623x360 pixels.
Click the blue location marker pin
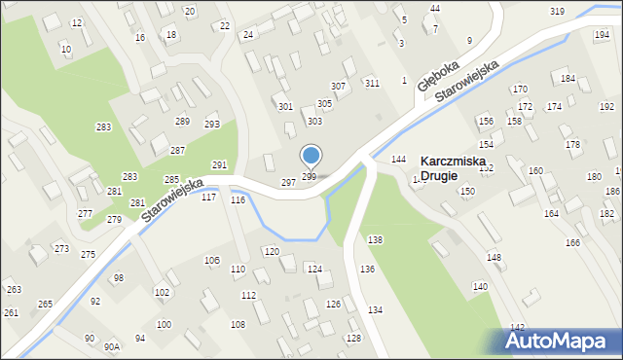[x=311, y=156]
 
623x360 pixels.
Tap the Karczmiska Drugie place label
[x=453, y=168]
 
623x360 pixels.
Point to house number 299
[x=309, y=176]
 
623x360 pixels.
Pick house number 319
[x=557, y=11]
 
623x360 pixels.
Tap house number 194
[x=602, y=35]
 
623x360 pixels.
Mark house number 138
[x=375, y=239]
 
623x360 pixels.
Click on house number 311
[x=372, y=83]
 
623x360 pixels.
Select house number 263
[x=14, y=290]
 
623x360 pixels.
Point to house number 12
[x=77, y=22]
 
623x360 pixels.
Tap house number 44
[x=435, y=8]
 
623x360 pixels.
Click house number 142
[x=518, y=327]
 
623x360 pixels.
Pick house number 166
[x=572, y=242]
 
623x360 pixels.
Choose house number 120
[x=272, y=251]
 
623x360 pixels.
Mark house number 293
[x=211, y=125]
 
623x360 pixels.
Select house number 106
[x=211, y=261]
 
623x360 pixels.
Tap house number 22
[x=226, y=25]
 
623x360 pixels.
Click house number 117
[x=208, y=198]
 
